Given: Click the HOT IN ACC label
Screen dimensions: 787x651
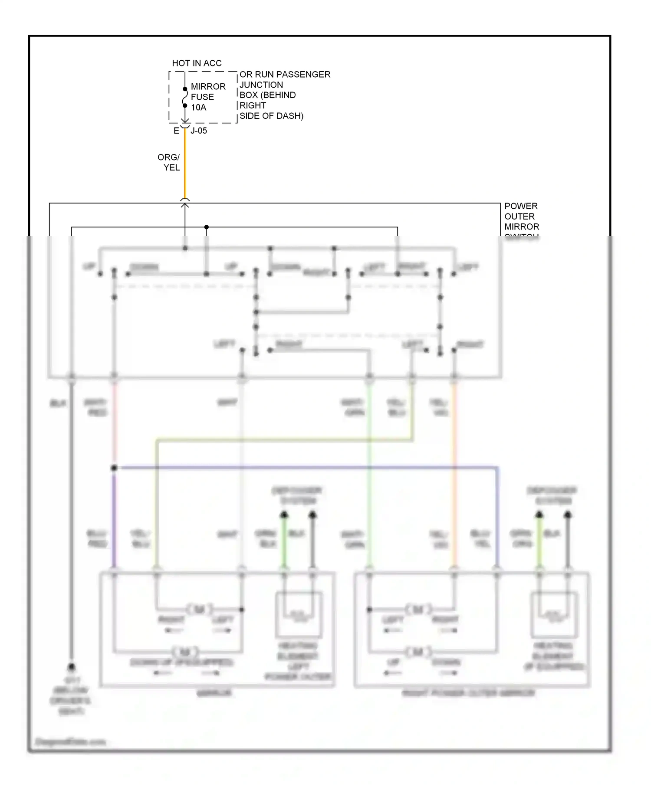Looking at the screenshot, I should [197, 63].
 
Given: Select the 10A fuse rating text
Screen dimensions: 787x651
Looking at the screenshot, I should [198, 108].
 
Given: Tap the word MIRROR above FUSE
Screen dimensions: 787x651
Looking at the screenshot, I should [208, 87].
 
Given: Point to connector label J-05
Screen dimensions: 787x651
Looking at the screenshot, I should [199, 131].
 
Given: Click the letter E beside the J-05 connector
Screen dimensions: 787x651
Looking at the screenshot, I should [176, 131].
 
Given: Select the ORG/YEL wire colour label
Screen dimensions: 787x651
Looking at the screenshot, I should [169, 162].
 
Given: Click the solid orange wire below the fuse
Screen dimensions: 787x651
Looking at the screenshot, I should [185, 165].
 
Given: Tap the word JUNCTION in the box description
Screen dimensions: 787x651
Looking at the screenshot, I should [261, 85].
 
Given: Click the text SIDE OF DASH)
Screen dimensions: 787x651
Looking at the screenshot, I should [271, 116].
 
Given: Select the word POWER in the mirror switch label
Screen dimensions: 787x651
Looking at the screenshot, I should [520, 206].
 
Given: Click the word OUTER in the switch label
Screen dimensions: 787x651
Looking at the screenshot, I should [519, 216].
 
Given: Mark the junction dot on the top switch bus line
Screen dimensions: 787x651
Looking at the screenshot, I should [207, 227].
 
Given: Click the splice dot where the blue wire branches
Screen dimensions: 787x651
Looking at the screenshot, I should [114, 468].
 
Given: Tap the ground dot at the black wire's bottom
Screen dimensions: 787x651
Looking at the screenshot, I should [72, 667].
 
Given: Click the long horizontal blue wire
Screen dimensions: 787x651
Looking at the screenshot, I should [304, 468].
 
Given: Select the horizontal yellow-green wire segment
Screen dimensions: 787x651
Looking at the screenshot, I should [282, 441].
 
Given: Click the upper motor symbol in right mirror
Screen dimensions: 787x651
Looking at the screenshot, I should [418, 610].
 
